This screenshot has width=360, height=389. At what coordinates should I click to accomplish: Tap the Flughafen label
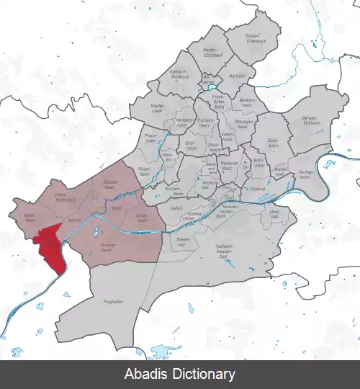tap(113, 303)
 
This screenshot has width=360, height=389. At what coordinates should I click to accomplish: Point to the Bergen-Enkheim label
tap(310, 120)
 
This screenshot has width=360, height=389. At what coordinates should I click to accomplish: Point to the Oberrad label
tap(274, 214)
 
